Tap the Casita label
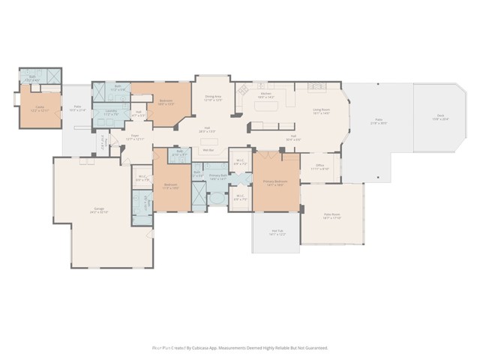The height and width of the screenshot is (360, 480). (39, 106)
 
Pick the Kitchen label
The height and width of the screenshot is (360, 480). (266, 94)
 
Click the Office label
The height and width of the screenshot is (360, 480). (320, 166)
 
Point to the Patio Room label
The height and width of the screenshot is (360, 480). (332, 215)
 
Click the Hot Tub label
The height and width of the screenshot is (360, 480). (277, 232)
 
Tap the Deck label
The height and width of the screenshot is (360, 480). (439, 115)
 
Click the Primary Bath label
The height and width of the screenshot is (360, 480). (218, 175)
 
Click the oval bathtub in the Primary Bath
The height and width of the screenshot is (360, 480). (216, 199)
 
